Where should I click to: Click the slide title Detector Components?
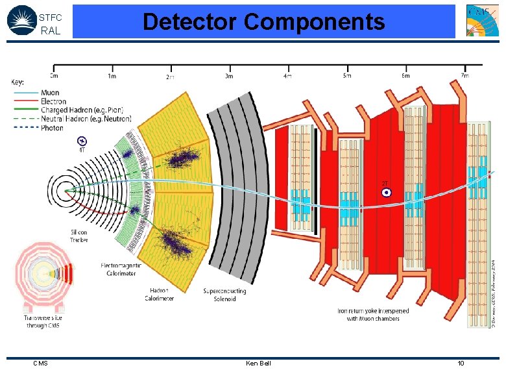point(263,21)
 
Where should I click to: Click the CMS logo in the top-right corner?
point(483,21)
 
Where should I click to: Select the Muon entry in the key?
point(50,93)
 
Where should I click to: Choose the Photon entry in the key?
point(52,128)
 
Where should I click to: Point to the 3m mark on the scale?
point(229,77)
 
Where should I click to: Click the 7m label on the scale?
point(464,76)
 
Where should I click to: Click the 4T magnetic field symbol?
point(82,141)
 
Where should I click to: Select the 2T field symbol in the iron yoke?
point(386,192)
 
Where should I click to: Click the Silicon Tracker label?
point(79,236)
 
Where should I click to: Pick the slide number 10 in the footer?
point(461,363)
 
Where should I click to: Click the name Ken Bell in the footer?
point(258,363)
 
